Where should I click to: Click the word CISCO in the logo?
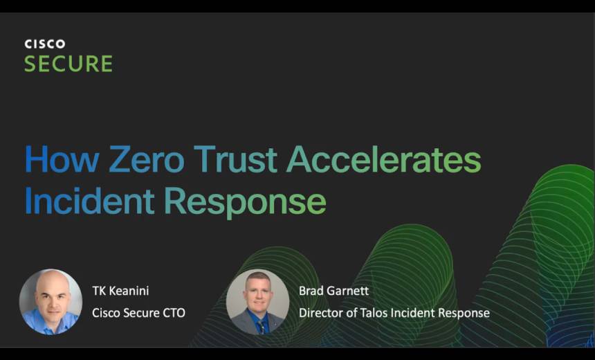(45, 44)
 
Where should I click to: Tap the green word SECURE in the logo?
(68, 64)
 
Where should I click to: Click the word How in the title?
(62, 159)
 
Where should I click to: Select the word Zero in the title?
(147, 159)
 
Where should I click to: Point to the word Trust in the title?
(235, 159)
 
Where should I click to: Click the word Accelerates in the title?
(384, 159)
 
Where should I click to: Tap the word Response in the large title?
(245, 203)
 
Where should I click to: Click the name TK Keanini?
(120, 291)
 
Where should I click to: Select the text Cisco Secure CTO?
(139, 313)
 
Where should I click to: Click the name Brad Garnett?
(334, 291)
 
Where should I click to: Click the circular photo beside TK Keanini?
(51, 302)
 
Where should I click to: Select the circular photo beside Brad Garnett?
(257, 302)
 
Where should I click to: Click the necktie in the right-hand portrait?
(262, 327)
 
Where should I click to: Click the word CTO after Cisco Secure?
(174, 313)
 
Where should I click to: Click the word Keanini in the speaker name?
(129, 291)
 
